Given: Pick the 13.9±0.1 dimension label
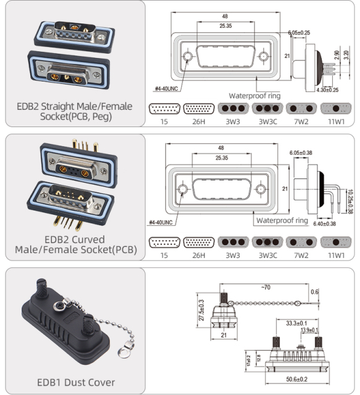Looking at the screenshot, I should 303,331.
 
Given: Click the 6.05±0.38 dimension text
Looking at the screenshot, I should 301,150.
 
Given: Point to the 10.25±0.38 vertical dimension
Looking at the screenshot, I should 350,200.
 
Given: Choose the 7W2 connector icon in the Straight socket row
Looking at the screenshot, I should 303,109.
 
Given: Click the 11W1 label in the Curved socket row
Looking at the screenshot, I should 336,254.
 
